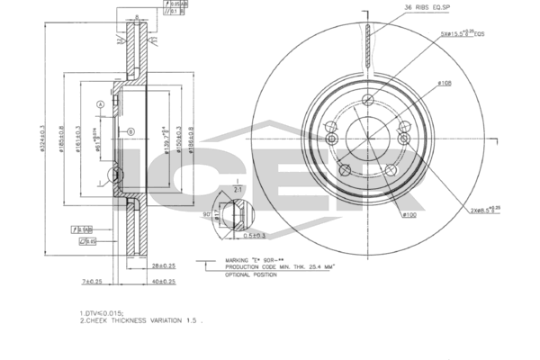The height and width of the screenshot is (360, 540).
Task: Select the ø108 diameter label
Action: click(x=444, y=84)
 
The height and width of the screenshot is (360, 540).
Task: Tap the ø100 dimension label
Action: click(x=409, y=215)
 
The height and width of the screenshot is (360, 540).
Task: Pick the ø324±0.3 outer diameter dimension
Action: click(x=42, y=138)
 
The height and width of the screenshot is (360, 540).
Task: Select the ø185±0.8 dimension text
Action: click(x=60, y=138)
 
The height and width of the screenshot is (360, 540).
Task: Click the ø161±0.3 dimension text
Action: click(x=77, y=138)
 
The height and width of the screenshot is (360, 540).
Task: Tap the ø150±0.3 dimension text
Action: click(x=179, y=138)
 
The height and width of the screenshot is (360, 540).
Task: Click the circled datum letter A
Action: click(x=101, y=104)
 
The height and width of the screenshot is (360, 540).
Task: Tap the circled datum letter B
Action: click(x=131, y=132)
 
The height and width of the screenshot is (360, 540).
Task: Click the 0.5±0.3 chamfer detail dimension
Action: click(x=255, y=236)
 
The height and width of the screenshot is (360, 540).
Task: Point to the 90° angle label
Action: click(x=206, y=215)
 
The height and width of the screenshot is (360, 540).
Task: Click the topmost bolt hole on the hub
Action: click(x=368, y=102)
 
